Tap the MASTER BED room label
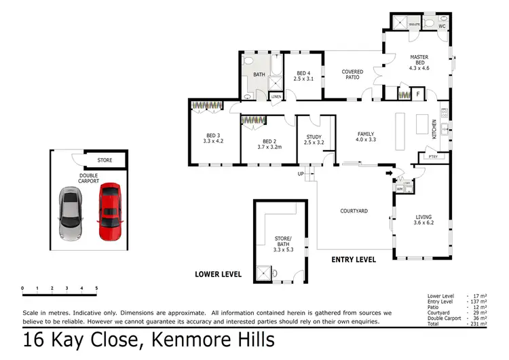(419, 62)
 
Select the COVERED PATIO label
(352, 75)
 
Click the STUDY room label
(314, 140)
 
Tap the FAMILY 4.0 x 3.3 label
(365, 137)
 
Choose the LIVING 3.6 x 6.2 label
(423, 220)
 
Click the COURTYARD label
(354, 211)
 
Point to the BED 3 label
(213, 138)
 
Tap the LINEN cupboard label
(276, 97)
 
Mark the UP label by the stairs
(301, 174)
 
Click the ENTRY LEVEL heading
(353, 259)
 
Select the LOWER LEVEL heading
(218, 274)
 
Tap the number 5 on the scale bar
(96, 289)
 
